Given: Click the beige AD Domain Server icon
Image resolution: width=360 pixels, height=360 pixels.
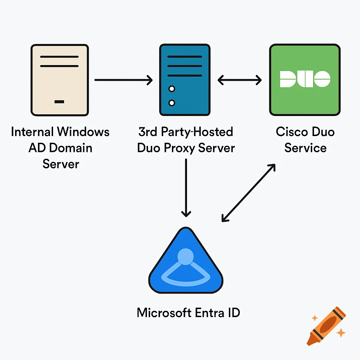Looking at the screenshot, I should click(x=59, y=80).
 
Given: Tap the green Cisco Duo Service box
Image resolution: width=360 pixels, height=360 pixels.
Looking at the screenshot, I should click(x=305, y=80).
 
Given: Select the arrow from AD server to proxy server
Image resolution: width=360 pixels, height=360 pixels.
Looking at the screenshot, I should click(x=123, y=80).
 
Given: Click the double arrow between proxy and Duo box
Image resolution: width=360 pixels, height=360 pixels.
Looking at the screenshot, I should click(x=239, y=80).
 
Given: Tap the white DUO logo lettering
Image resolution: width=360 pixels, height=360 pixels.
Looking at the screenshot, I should click(x=305, y=79).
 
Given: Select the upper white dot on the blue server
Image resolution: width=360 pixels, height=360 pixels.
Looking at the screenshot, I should click(x=172, y=89).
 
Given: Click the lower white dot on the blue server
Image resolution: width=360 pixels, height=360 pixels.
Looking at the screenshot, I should click(x=172, y=103).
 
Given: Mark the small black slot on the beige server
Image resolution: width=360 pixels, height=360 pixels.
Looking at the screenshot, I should click(x=59, y=102).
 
